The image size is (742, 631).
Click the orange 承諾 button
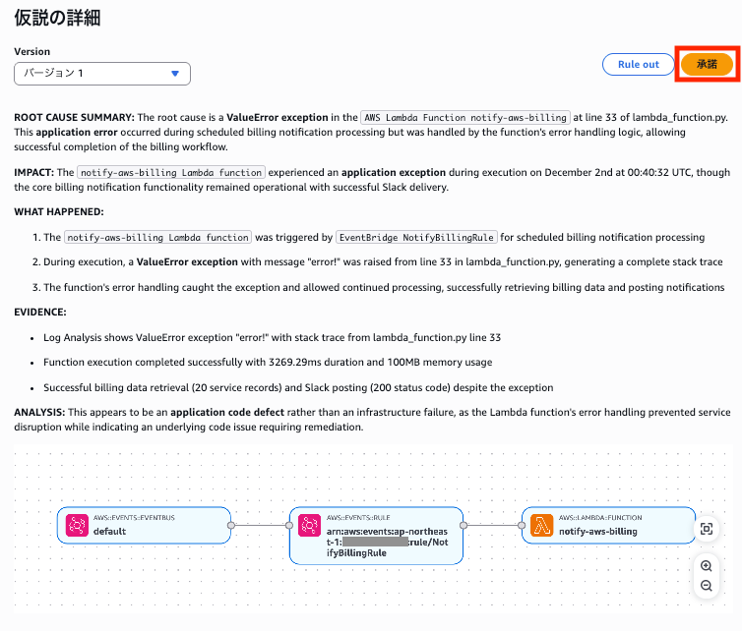tap(707, 64)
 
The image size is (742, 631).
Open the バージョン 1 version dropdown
tap(102, 74)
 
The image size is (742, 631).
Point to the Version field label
tap(31, 51)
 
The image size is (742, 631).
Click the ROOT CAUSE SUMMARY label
tap(74, 117)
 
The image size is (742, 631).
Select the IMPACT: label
tap(34, 172)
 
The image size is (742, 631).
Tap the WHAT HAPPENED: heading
tap(58, 211)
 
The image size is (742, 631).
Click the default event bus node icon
tap(78, 526)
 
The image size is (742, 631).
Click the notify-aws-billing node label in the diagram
tap(597, 532)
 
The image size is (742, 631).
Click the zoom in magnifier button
tap(706, 566)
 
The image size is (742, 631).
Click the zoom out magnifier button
tap(706, 586)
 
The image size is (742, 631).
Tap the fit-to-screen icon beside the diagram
tap(706, 529)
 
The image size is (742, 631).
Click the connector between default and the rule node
tap(260, 526)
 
